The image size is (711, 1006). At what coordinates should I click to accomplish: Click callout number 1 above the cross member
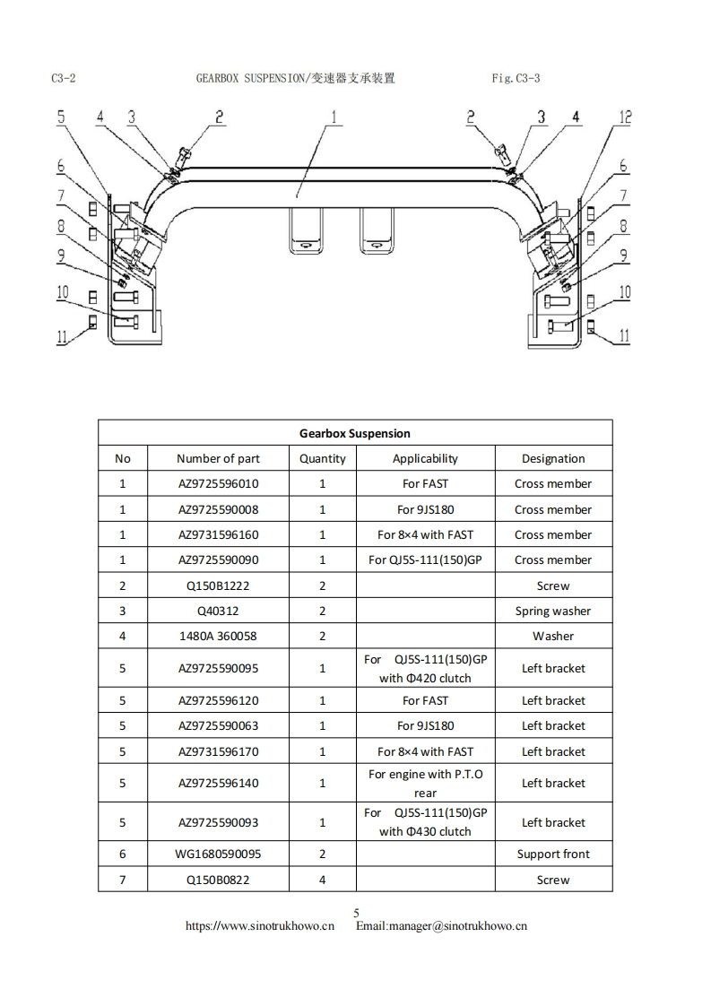pyautogui.click(x=334, y=117)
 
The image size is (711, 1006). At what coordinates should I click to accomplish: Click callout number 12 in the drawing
pyautogui.click(x=626, y=117)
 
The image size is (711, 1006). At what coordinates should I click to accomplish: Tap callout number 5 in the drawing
pyautogui.click(x=61, y=117)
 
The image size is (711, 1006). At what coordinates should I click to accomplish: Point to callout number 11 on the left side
pyautogui.click(x=61, y=336)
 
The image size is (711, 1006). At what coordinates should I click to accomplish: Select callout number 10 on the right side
pyautogui.click(x=625, y=292)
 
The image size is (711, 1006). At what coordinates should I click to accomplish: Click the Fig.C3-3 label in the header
pyautogui.click(x=516, y=79)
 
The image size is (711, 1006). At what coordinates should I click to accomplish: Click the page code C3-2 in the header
pyautogui.click(x=63, y=79)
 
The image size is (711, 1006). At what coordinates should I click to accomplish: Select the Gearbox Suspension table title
pyautogui.click(x=355, y=433)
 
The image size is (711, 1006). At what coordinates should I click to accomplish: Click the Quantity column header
pyautogui.click(x=323, y=458)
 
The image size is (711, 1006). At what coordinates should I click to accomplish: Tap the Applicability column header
pyautogui.click(x=425, y=458)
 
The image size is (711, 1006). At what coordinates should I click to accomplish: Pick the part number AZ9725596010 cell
pyautogui.click(x=218, y=483)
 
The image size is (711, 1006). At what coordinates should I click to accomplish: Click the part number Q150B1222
pyautogui.click(x=218, y=585)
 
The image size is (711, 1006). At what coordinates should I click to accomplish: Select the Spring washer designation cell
pyautogui.click(x=553, y=611)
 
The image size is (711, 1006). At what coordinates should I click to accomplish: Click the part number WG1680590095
pyautogui.click(x=218, y=854)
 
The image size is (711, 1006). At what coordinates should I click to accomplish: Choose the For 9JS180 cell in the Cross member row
pyautogui.click(x=425, y=509)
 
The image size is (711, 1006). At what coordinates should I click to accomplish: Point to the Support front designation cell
pyautogui.click(x=553, y=854)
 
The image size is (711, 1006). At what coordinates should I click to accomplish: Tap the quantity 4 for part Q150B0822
pyautogui.click(x=323, y=880)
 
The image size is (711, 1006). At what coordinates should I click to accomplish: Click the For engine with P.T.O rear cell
pyautogui.click(x=425, y=783)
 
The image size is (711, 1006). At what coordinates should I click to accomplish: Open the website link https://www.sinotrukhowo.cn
pyautogui.click(x=260, y=926)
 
